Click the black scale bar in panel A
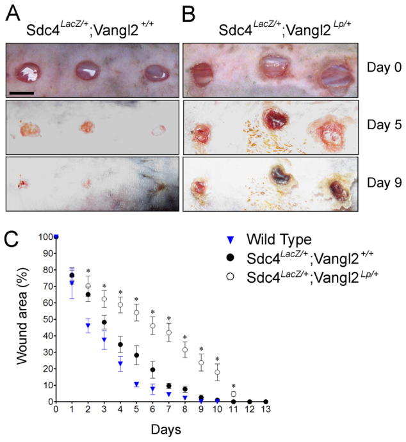(x=22, y=93)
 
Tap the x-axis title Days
(x=161, y=428)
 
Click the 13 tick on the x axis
(x=265, y=411)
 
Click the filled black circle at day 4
(x=120, y=344)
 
